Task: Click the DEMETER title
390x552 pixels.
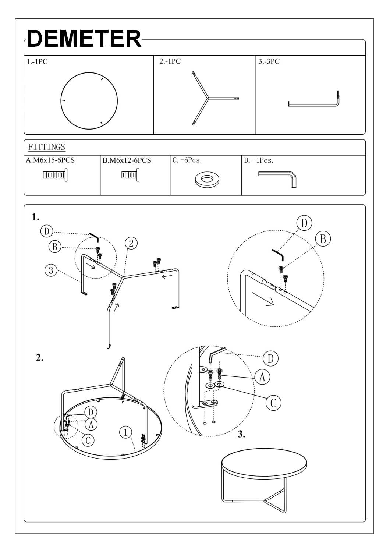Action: (84, 39)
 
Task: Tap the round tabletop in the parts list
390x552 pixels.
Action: (89, 101)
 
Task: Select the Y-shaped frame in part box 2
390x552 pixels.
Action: (208, 98)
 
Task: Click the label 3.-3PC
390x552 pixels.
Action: (269, 61)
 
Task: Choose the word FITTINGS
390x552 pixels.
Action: (47, 147)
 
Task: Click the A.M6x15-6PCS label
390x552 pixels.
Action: (50, 160)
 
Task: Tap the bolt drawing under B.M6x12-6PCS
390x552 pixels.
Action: (130, 174)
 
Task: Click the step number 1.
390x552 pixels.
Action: (35, 217)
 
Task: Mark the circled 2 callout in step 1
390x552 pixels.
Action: (131, 243)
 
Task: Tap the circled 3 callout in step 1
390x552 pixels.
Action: (51, 270)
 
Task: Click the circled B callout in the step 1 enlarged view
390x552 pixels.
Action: (323, 239)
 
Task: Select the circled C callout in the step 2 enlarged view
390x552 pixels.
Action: (273, 403)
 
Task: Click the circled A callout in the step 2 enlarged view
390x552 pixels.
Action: (262, 377)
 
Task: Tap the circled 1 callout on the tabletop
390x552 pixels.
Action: (126, 432)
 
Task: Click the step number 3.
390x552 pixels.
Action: (241, 434)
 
